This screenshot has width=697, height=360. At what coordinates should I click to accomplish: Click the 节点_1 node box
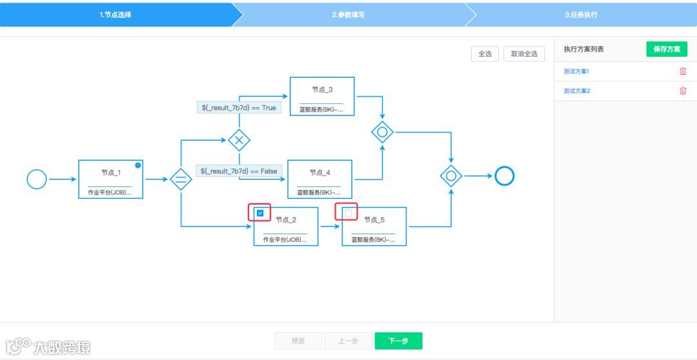click(110, 179)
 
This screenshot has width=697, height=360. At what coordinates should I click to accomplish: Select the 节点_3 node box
click(322, 97)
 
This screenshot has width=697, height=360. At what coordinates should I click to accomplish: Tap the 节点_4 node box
click(319, 179)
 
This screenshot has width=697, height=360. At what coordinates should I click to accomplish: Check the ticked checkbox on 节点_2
click(260, 212)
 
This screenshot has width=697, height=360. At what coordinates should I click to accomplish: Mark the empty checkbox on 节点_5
click(348, 212)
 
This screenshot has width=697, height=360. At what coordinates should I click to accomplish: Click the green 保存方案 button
click(667, 49)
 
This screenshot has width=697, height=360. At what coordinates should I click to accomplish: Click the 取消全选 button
click(524, 54)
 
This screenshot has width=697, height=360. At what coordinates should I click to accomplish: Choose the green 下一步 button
click(398, 341)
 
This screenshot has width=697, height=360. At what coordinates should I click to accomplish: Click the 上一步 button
click(348, 341)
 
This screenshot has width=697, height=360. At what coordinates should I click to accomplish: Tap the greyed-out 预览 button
click(298, 341)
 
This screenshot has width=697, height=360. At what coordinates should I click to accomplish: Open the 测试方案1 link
click(576, 72)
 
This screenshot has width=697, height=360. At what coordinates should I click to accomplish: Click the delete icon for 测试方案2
click(683, 91)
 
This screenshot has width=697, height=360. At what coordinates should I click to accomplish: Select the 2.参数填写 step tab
click(348, 14)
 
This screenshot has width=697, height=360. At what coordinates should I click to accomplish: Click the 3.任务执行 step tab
click(581, 14)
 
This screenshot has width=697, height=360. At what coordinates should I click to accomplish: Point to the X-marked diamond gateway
click(239, 140)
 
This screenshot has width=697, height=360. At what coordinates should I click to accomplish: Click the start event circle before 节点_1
click(37, 179)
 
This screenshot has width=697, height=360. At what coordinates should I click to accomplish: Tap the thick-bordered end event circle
click(504, 175)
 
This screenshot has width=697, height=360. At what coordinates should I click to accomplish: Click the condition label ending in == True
click(239, 108)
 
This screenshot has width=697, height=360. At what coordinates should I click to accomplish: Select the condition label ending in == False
click(239, 171)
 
